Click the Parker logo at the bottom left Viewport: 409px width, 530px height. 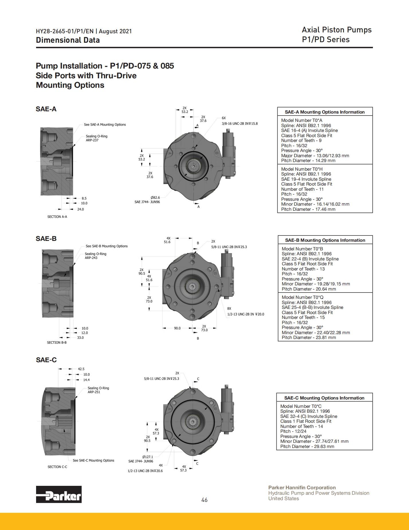59,494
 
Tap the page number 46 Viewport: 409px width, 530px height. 204,500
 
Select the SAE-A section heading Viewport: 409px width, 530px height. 46,109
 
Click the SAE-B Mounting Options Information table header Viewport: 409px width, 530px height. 325,240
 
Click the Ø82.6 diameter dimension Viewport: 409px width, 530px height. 155,198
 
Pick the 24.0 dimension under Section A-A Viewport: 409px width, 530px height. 80,209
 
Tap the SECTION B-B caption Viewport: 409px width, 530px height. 57,342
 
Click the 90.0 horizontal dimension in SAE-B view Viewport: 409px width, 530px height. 177,328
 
